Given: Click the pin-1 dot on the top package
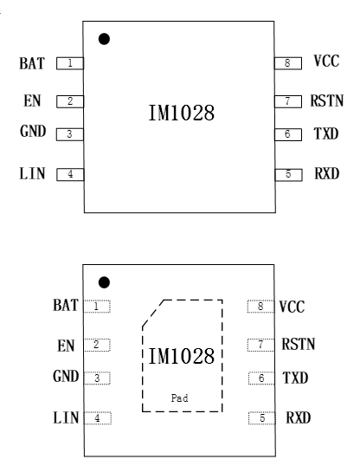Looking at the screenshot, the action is [x=104, y=39].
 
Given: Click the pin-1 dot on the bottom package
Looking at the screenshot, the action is [x=104, y=282].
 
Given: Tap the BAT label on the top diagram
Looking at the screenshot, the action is [x=32, y=63].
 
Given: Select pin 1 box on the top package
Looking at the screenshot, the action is [x=70, y=63].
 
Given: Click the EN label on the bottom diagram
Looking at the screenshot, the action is [x=66, y=346].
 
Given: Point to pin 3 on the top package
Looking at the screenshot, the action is [x=70, y=134].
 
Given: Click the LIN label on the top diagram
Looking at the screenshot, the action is [x=32, y=174].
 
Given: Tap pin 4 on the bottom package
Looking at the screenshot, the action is [x=98, y=418].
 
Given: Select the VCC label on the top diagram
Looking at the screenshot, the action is [x=326, y=61].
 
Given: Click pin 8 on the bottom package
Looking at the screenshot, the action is [x=260, y=307].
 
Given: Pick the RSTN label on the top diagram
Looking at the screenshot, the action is [x=327, y=100].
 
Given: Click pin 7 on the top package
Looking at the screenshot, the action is [x=288, y=101].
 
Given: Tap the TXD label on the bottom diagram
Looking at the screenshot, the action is [x=295, y=378].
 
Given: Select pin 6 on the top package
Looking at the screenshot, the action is [x=288, y=134].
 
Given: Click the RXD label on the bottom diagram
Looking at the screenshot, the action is [x=299, y=417].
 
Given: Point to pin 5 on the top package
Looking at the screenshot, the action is [x=288, y=175].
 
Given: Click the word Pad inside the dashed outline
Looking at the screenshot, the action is [x=179, y=398].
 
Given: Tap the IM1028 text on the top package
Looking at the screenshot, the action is [x=182, y=113].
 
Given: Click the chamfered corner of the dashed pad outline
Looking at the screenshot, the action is [x=153, y=313].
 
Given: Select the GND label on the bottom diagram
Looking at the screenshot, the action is [x=66, y=376].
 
